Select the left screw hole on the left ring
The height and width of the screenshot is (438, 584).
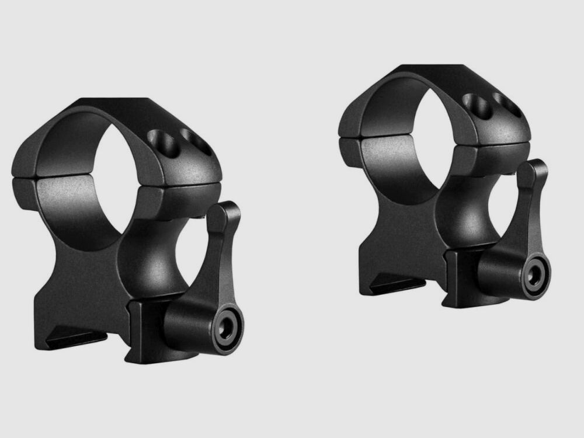pos(160,140)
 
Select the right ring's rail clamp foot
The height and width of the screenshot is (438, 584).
pos(397,285)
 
